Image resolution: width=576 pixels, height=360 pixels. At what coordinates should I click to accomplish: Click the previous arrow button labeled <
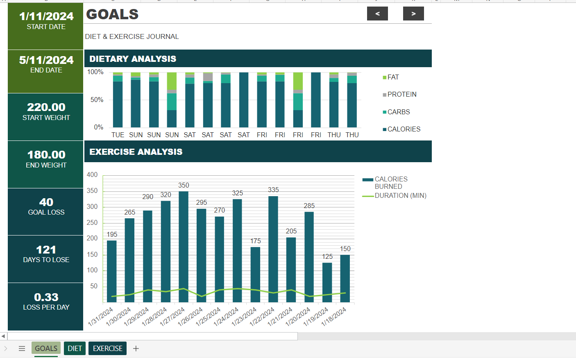(377, 14)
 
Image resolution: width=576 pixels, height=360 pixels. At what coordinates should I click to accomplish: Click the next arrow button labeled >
(413, 14)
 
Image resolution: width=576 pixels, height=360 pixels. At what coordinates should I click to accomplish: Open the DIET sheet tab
(75, 349)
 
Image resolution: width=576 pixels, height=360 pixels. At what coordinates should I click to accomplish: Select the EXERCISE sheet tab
(107, 349)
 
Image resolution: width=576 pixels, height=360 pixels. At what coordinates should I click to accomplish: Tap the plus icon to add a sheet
(136, 349)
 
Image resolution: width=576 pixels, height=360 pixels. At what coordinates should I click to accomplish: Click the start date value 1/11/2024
(46, 16)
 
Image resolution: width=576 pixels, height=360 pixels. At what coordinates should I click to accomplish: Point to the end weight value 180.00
(46, 155)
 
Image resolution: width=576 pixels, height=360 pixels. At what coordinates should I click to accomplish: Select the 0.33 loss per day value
(46, 297)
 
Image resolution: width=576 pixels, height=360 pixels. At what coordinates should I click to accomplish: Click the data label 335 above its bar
(273, 190)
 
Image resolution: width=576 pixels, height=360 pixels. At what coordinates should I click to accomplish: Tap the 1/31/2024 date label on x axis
(101, 317)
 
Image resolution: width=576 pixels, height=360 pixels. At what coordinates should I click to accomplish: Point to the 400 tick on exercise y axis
(92, 175)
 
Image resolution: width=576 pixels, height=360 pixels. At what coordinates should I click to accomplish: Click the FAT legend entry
(392, 77)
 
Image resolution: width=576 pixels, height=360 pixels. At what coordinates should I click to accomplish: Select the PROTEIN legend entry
(401, 95)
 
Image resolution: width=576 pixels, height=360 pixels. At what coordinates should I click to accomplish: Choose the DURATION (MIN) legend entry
(400, 196)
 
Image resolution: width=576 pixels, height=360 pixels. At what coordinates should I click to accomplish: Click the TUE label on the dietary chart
(118, 135)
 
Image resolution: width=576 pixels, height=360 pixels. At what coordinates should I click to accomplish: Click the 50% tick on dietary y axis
(97, 100)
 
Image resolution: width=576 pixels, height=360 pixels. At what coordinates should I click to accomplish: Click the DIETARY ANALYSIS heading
(133, 59)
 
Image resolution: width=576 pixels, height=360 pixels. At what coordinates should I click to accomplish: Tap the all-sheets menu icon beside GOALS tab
(22, 349)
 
